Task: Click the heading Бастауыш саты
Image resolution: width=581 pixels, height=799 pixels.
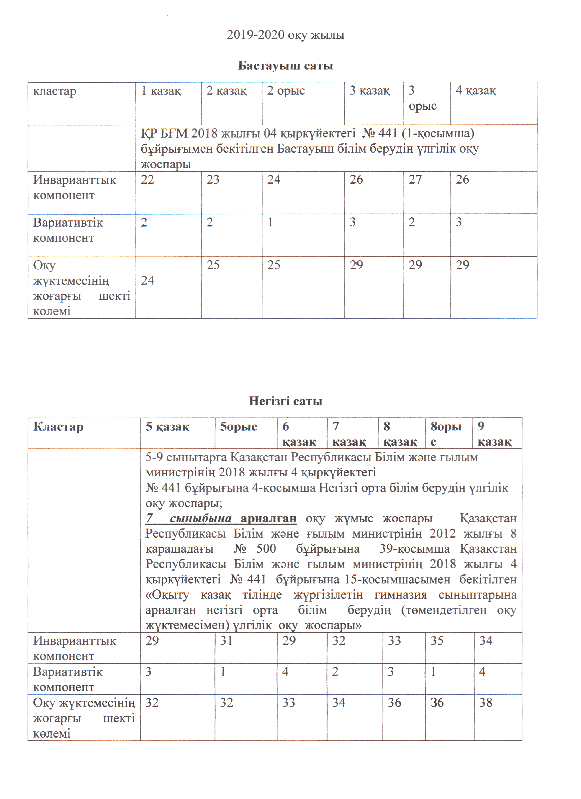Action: click(x=285, y=66)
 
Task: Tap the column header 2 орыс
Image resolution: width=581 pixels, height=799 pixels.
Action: click(x=286, y=91)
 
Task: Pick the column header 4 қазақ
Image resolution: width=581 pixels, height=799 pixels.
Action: click(x=476, y=91)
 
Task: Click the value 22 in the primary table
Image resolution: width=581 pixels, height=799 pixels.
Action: click(x=148, y=180)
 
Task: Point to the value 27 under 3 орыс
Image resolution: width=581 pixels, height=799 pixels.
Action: click(x=415, y=180)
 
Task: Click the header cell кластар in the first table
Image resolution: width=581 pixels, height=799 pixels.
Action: click(x=55, y=91)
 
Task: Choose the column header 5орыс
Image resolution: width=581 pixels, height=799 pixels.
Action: click(x=239, y=427)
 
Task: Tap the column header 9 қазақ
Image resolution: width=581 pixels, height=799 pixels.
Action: click(x=494, y=434)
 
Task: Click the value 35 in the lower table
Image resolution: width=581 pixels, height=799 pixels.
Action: click(x=437, y=640)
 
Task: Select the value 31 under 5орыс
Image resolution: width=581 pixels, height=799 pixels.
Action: click(x=226, y=640)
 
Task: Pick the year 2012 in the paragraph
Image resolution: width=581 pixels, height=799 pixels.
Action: click(x=442, y=534)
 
